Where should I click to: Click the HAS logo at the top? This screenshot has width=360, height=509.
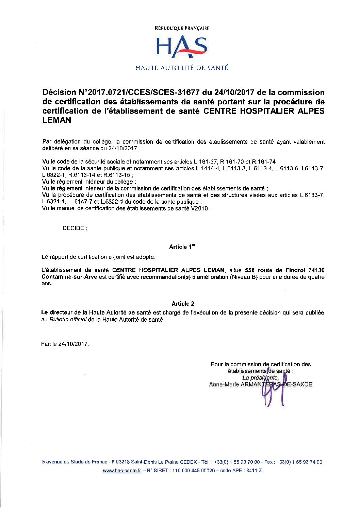click(182, 47)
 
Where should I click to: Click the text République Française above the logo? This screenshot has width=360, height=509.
click(182, 28)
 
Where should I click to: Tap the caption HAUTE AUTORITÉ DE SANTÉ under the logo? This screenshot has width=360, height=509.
click(182, 68)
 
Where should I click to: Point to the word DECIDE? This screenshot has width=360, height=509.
click(73, 228)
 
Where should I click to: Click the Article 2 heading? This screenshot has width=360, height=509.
click(183, 304)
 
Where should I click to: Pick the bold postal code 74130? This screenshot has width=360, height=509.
click(316, 270)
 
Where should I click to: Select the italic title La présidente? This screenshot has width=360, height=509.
click(260, 378)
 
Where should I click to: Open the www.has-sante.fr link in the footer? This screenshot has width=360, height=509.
click(122, 471)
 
